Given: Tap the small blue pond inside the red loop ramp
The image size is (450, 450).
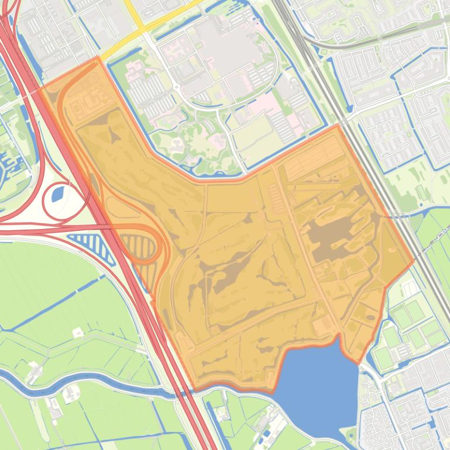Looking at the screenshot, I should (59, 192).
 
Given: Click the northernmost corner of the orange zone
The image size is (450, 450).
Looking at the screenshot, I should (97, 58).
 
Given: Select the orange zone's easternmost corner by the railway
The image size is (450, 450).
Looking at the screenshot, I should (414, 261).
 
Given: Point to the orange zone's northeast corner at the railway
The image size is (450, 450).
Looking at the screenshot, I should (339, 124).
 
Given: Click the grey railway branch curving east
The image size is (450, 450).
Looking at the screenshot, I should (363, 41).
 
